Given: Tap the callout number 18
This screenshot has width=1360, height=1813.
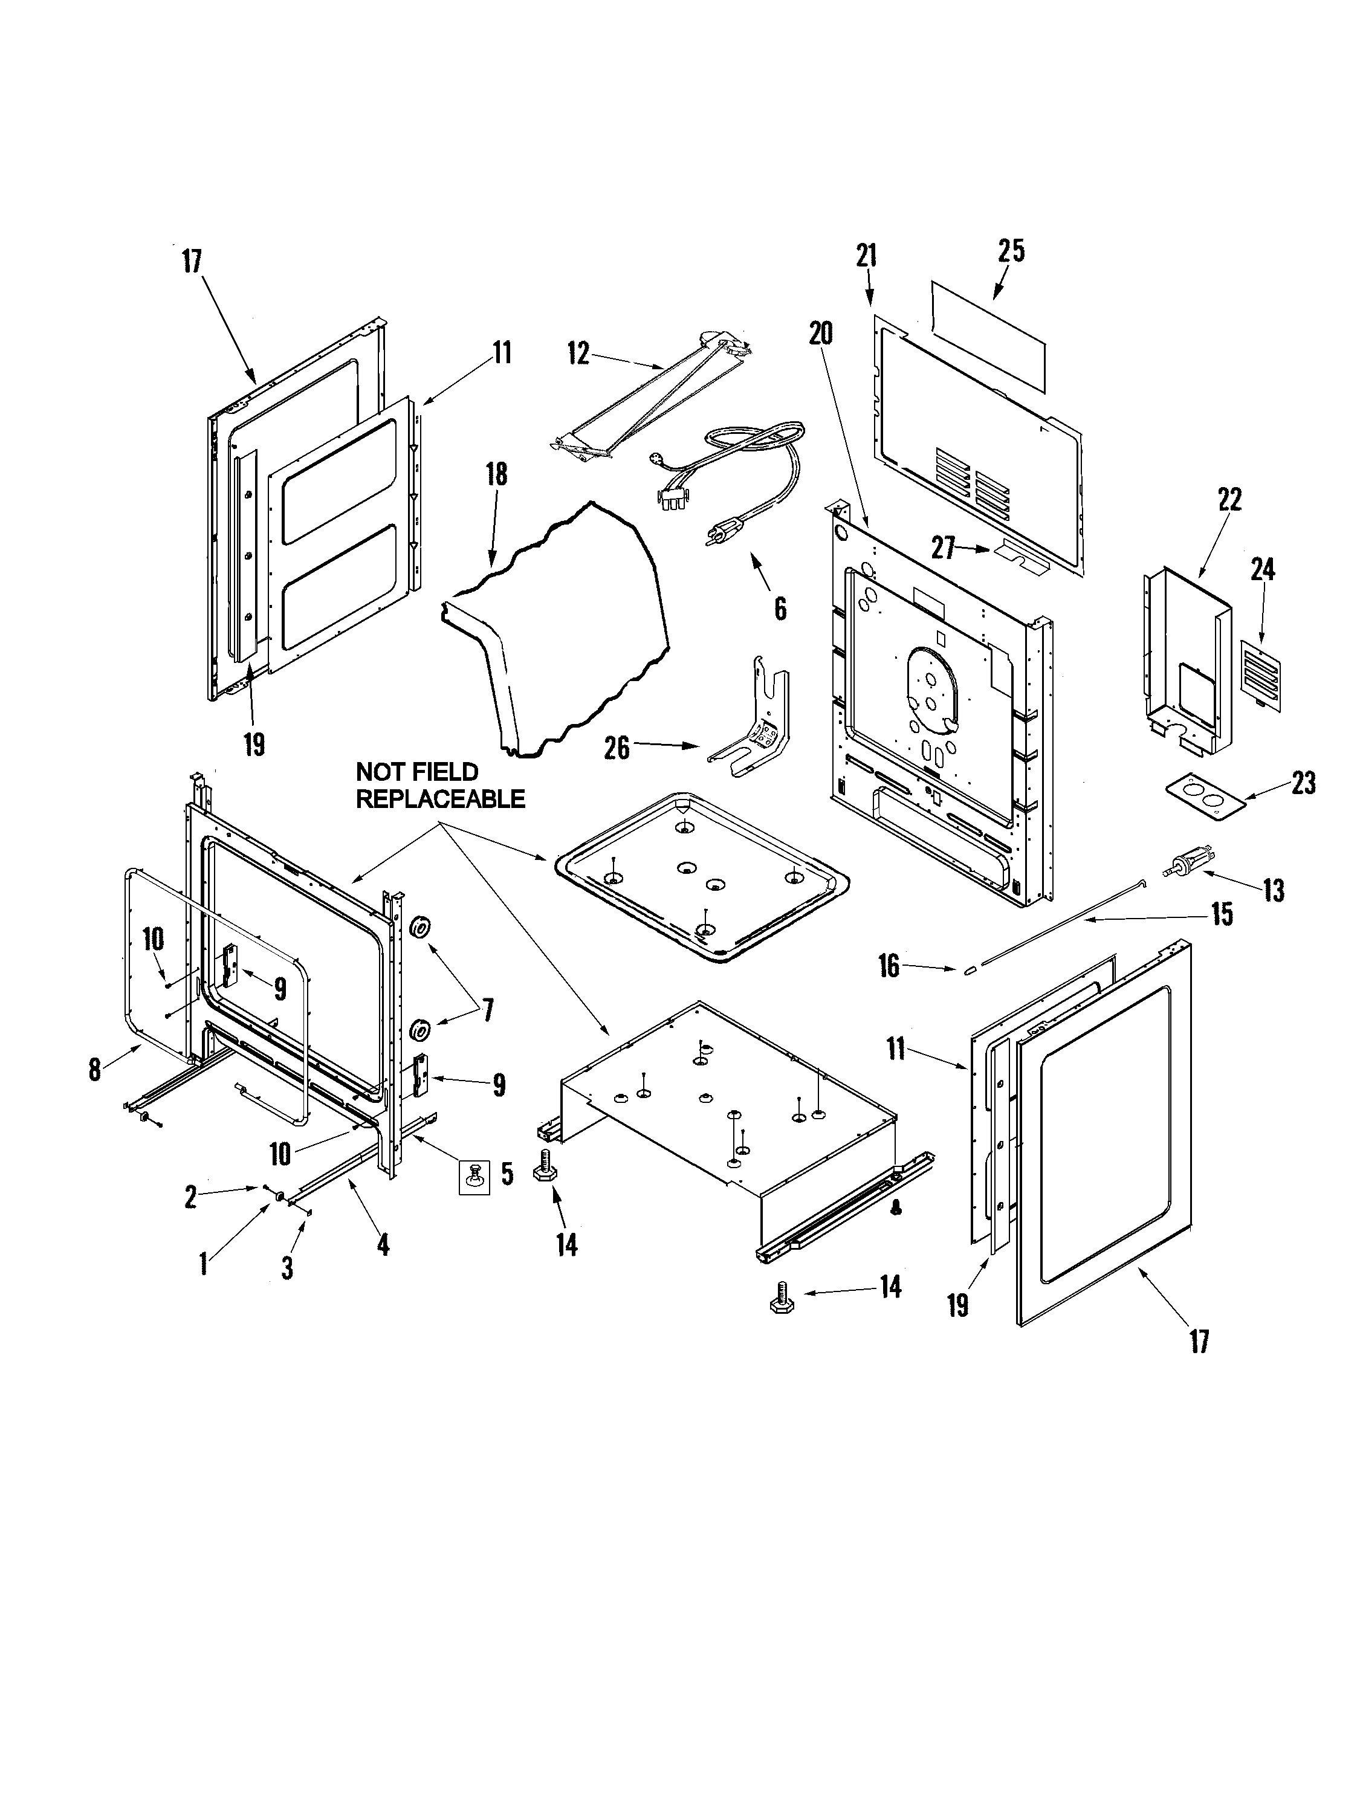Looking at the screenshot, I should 496,474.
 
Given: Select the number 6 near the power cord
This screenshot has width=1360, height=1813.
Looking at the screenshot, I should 780,607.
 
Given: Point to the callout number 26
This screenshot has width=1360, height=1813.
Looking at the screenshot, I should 617,747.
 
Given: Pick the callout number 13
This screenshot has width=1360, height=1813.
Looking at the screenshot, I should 1273,890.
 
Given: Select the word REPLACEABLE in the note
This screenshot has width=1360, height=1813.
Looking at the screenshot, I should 440,798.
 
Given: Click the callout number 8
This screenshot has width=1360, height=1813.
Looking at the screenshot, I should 95,1069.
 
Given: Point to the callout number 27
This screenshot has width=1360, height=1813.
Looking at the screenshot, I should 943,548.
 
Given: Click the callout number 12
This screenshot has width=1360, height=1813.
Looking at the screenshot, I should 578,354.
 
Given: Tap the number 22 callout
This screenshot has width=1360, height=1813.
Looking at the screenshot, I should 1229,499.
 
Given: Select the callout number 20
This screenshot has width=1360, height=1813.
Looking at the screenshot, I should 821,333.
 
